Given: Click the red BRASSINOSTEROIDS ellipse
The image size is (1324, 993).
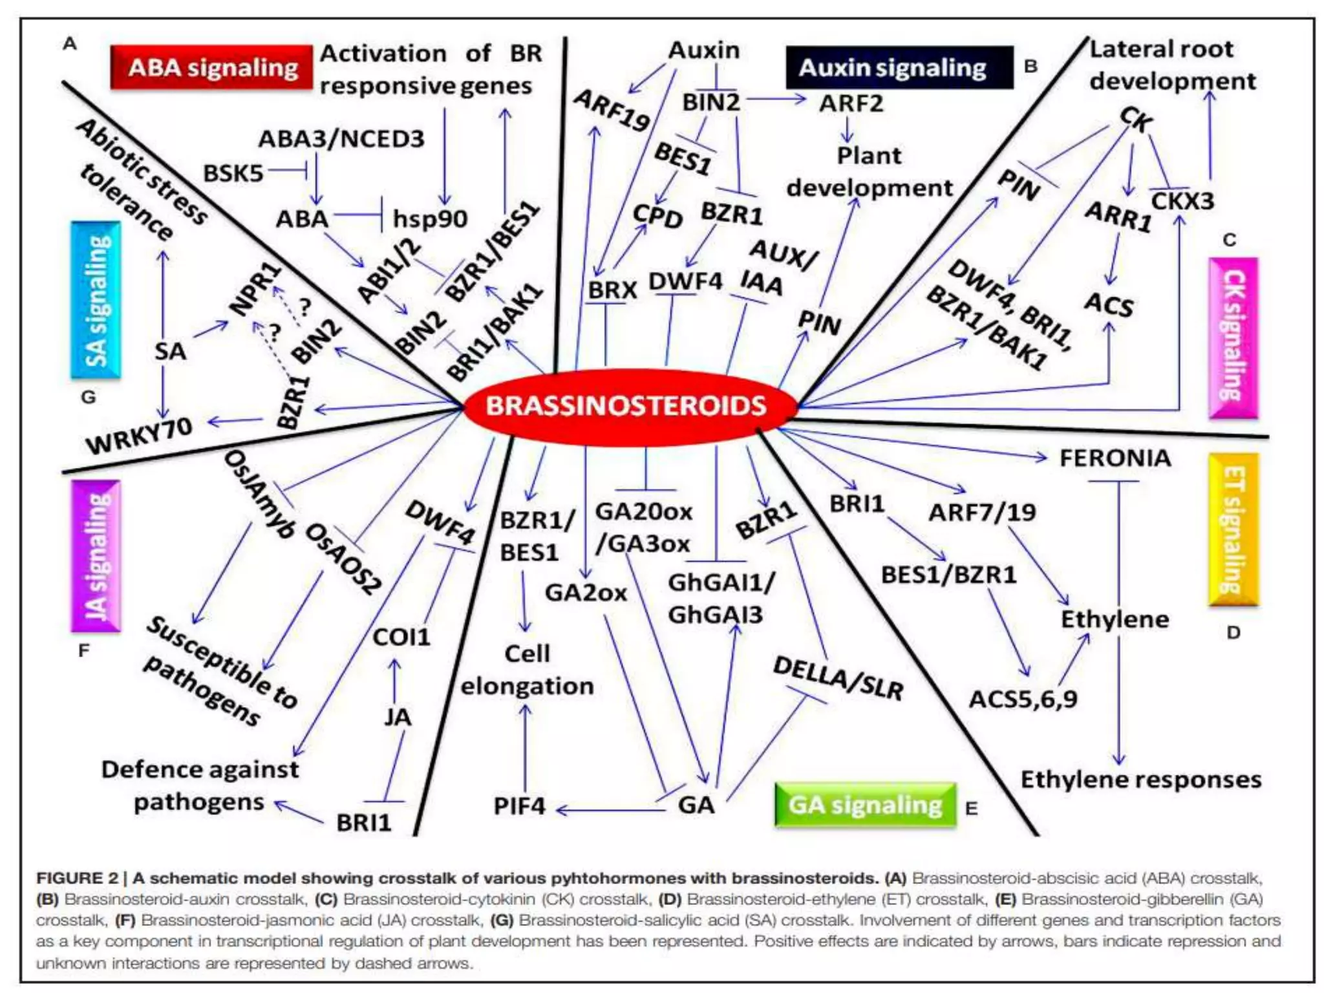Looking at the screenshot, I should coord(626,406).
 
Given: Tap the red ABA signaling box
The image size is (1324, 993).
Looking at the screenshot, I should coord(212,67).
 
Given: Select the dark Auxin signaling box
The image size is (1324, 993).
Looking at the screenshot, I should coord(899,67).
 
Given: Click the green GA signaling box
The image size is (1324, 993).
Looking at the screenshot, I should coord(865,805).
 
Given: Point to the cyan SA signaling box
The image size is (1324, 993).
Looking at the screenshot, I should coord(96,300).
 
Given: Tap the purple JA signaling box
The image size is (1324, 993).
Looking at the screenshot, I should coord(96,556).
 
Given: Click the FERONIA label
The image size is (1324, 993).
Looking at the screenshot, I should coord(1115,458).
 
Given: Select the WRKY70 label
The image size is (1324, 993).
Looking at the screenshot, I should coord(140,436).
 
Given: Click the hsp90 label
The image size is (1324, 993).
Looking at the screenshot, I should coord(430,219).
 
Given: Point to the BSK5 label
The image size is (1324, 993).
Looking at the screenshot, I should coord(233,173).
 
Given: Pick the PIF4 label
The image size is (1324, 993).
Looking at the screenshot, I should coord(519,806).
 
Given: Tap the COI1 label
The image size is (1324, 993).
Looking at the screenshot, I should coord(401,637).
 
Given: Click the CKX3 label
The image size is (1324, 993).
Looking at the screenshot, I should coord(1182,201).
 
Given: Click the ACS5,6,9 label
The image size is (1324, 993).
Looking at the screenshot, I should coord(1023,699).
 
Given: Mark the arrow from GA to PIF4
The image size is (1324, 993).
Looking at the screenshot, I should coord(611,809).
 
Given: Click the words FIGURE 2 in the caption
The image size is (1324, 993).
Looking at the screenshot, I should coord(78,879).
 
